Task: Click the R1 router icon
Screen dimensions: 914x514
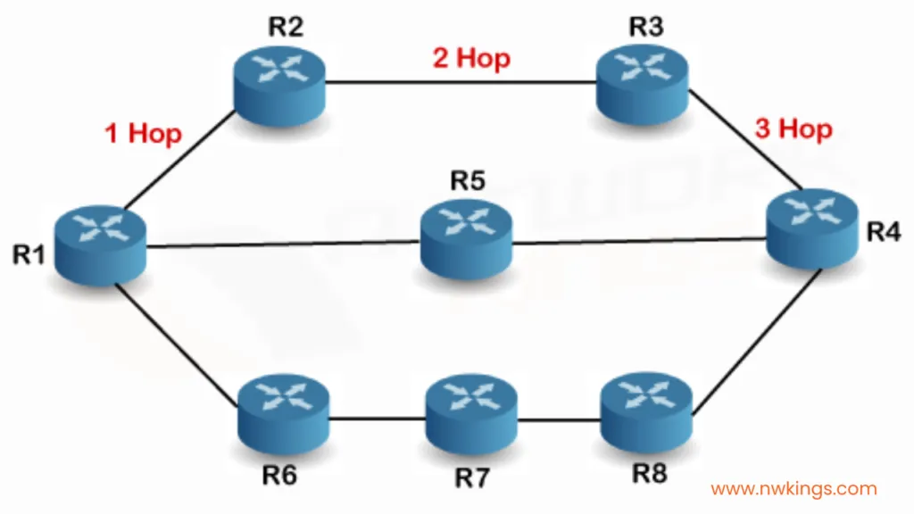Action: pos(100,245)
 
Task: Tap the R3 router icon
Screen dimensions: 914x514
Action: pos(643,84)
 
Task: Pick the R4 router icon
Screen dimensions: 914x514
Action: pos(812,228)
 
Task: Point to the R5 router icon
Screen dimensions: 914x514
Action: pos(466,239)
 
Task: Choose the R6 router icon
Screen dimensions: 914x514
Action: pos(284,414)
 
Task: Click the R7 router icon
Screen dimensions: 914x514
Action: pos(471,414)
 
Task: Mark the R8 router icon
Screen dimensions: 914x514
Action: pos(646,413)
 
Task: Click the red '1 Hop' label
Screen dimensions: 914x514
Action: pos(143,134)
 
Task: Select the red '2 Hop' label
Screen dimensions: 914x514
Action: pos(471,58)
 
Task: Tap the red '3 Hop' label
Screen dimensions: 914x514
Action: pos(794,128)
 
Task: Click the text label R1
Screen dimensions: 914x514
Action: pos(29,254)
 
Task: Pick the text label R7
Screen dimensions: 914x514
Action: pos(471,478)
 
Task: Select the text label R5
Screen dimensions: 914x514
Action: pos(468,180)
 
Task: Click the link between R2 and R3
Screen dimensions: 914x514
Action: pos(461,83)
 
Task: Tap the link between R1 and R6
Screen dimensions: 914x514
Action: pos(177,345)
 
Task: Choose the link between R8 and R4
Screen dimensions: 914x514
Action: pos(757,342)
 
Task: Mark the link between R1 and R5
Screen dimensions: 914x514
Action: pos(283,245)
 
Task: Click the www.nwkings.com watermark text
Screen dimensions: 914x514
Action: pos(794,488)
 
